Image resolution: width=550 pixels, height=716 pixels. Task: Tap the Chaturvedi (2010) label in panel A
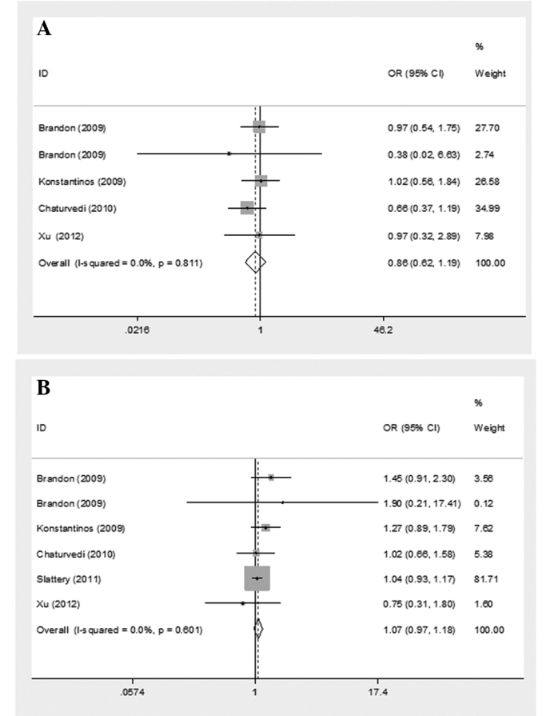click(74, 208)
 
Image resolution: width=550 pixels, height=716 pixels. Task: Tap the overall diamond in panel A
click(255, 262)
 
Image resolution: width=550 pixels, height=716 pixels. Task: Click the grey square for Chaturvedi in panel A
click(247, 208)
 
